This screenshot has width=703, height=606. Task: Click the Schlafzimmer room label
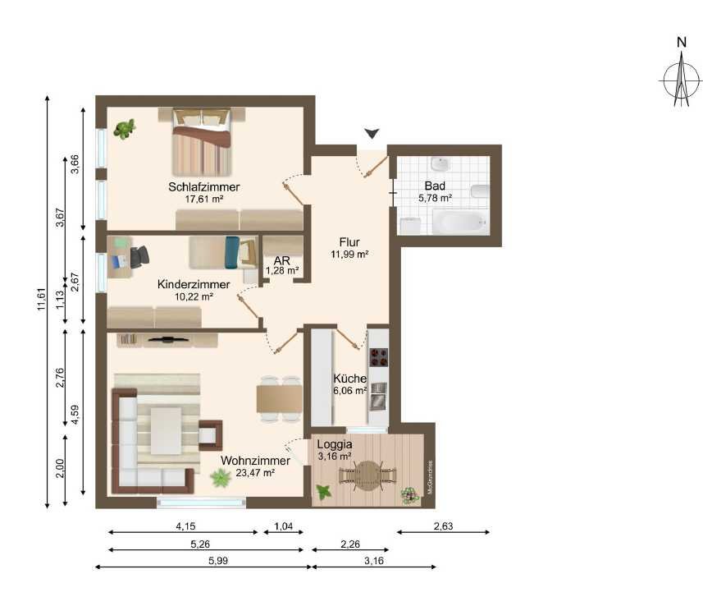pyautogui.click(x=204, y=186)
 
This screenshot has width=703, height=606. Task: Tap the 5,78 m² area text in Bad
pyautogui.click(x=435, y=198)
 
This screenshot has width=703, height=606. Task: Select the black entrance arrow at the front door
pyautogui.click(x=372, y=133)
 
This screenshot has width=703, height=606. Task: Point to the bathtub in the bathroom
pyautogui.click(x=460, y=222)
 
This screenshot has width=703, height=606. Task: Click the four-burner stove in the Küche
pyautogui.click(x=378, y=357)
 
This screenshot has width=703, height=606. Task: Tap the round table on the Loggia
pyautogui.click(x=367, y=475)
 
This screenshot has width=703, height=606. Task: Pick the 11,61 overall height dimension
pyautogui.click(x=42, y=299)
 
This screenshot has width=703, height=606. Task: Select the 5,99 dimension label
pyautogui.click(x=218, y=560)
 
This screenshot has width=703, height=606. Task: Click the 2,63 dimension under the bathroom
pyautogui.click(x=444, y=526)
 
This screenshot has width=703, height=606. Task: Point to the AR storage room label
pyautogui.click(x=281, y=260)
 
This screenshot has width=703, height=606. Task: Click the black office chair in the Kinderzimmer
pyautogui.click(x=139, y=257)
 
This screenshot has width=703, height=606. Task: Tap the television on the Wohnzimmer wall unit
pyautogui.click(x=169, y=339)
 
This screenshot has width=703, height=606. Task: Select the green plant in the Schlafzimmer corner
pyautogui.click(x=124, y=129)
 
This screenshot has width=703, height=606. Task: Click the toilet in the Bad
pyautogui.click(x=480, y=191)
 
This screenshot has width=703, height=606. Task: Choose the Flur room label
pyautogui.click(x=349, y=242)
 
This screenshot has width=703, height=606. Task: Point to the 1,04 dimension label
pyautogui.click(x=283, y=526)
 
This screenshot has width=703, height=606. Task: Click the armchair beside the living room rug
pyautogui.click(x=210, y=435)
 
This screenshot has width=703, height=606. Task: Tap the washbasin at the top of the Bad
pyautogui.click(x=441, y=164)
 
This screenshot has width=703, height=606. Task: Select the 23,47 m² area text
pyautogui.click(x=255, y=473)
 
